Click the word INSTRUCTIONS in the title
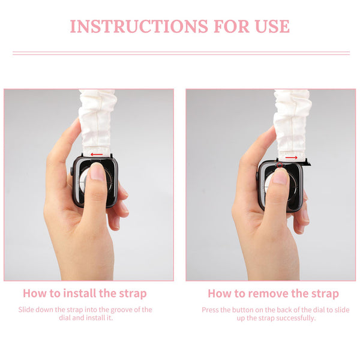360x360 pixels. pyautogui.click(x=139, y=26)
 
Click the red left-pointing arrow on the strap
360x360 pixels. pyautogui.click(x=97, y=154)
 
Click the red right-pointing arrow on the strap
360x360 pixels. pyautogui.click(x=292, y=157)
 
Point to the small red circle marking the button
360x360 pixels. pyautogui.click(x=280, y=165)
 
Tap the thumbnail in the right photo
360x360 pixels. pyautogui.click(x=280, y=177)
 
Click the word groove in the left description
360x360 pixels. pyautogui.click(x=121, y=310)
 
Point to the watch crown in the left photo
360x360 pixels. pyautogui.click(x=71, y=172)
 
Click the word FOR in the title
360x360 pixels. pyautogui.click(x=232, y=26)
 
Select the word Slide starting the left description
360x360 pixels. pyautogui.click(x=26, y=310)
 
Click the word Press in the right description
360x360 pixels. pyautogui.click(x=210, y=310)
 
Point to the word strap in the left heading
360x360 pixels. pyautogui.click(x=133, y=293)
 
